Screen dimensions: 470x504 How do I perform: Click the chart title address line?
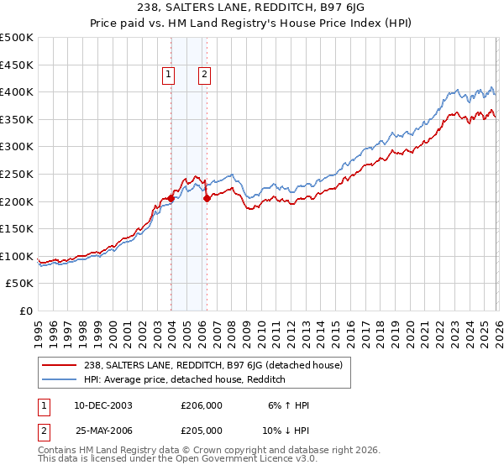(252, 9)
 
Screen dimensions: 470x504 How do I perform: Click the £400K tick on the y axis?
(17, 91)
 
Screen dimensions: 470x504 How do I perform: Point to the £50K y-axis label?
(20, 284)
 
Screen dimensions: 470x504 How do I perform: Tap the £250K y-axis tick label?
(17, 174)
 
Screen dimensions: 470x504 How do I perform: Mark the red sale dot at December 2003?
(171, 198)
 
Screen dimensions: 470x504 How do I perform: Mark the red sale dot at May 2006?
(207, 199)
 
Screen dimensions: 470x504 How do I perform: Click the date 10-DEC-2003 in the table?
(102, 405)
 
